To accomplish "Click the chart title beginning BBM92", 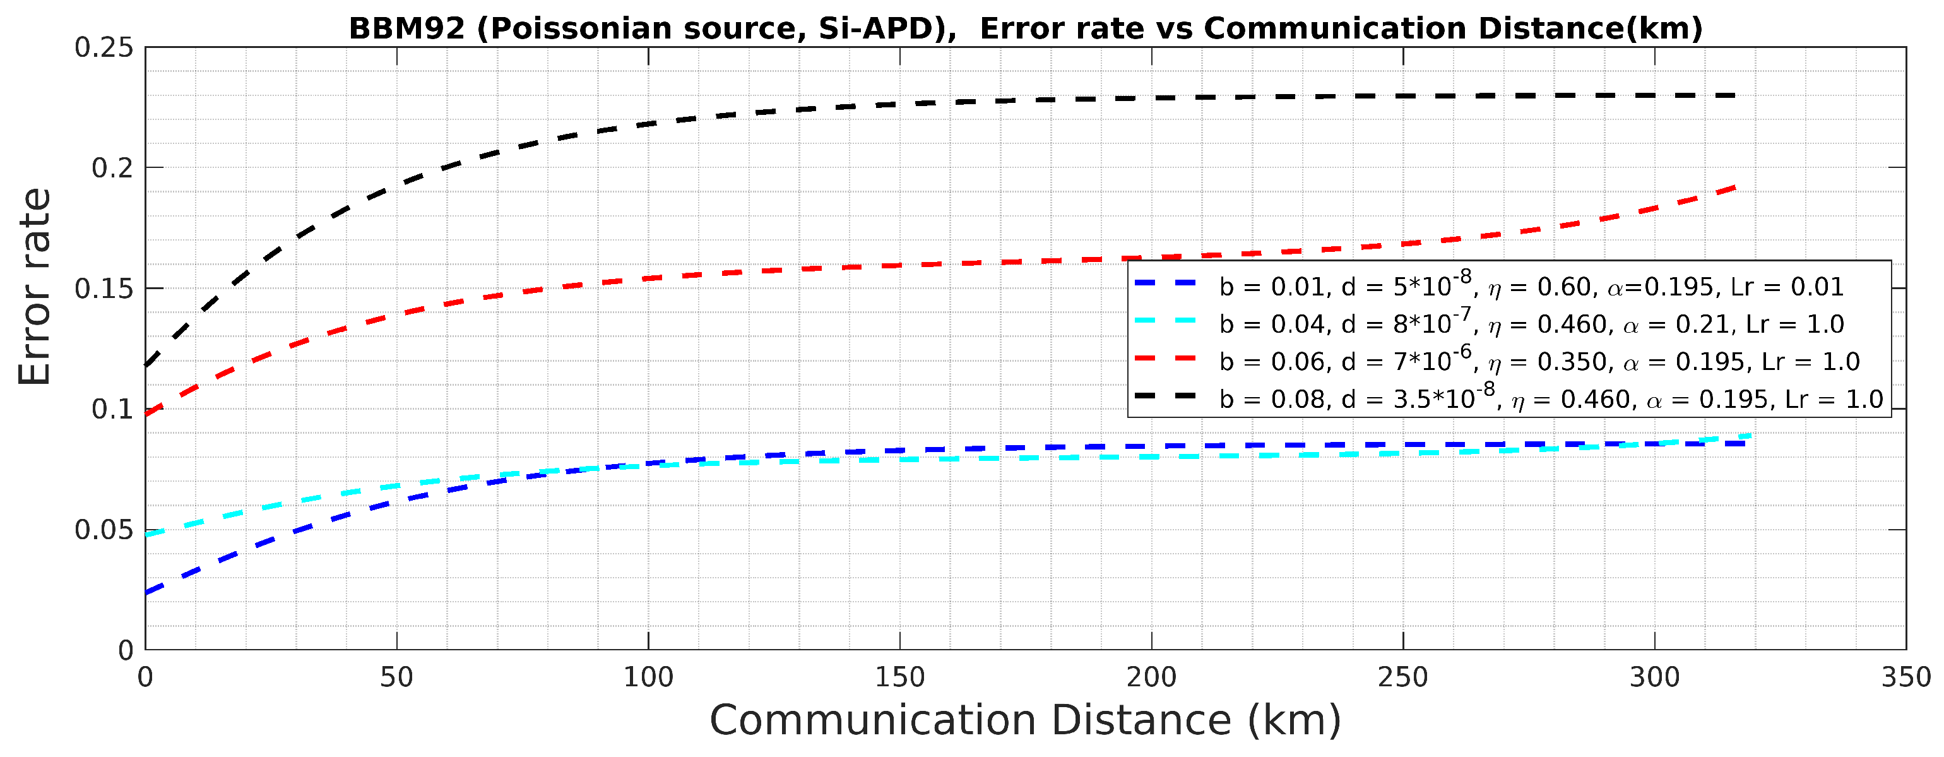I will [x=1026, y=28].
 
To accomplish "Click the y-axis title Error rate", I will [x=35, y=287].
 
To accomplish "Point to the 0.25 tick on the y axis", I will [x=104, y=47].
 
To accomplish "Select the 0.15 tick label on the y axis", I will [x=104, y=289].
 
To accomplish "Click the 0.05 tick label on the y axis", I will [x=104, y=530].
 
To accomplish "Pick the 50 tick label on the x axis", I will [x=396, y=677].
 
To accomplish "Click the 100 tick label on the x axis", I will [x=648, y=677].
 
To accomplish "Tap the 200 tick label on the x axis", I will [x=1152, y=677].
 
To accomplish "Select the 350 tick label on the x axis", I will [x=1905, y=677].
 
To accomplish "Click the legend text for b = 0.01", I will [x=1531, y=286].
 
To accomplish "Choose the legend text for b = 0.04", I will [x=1531, y=324].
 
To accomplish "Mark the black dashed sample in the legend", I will [x=1166, y=395].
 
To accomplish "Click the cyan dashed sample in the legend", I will [x=1166, y=320].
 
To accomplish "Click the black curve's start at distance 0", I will [x=146, y=366].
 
